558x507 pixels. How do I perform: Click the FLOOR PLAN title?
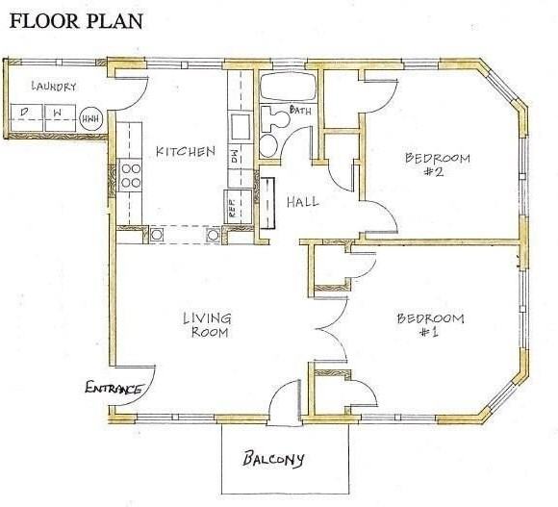(x=76, y=20)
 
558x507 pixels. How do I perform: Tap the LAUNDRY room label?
(x=52, y=87)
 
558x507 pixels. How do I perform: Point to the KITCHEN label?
(x=185, y=152)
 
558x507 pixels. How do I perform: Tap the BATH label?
(x=299, y=112)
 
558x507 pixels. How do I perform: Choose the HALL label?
(x=303, y=202)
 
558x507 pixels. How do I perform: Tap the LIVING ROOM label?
(x=207, y=325)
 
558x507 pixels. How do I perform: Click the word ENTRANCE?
(x=114, y=389)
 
